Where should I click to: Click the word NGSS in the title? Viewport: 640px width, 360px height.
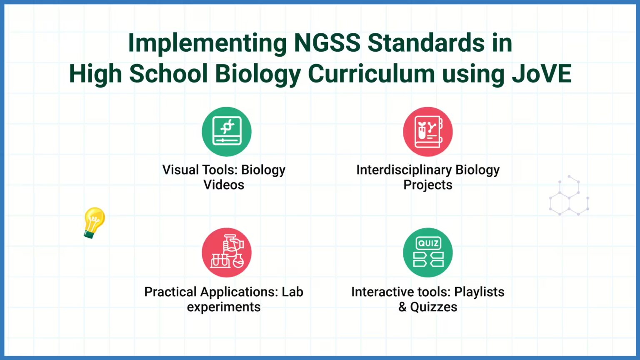tap(327, 43)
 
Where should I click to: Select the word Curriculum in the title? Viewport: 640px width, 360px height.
tap(372, 74)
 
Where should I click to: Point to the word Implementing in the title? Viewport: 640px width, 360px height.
tap(207, 44)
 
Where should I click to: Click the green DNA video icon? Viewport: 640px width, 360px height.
tap(227, 132)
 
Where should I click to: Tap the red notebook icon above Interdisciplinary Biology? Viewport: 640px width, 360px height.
tap(428, 132)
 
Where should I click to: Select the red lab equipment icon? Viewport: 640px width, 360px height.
tap(227, 252)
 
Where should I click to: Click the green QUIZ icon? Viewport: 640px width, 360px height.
tap(428, 252)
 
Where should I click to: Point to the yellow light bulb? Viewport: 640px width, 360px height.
tap(94, 222)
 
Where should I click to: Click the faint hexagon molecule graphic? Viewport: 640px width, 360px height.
tap(569, 196)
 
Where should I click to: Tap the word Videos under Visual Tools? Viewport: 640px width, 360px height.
tap(224, 185)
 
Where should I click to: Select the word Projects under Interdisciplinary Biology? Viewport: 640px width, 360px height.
tap(428, 185)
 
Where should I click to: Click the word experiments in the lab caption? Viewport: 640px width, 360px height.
tap(224, 307)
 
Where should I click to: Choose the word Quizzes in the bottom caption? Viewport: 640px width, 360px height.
tap(434, 307)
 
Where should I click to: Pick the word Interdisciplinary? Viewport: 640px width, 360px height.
tap(404, 170)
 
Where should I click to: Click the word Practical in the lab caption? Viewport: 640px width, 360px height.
tap(170, 292)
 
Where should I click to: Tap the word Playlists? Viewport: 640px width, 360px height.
tap(479, 292)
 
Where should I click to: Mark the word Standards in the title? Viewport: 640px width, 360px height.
tap(426, 43)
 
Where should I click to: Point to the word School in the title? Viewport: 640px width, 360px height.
tap(168, 74)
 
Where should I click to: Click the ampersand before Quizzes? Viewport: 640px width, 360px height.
tap(402, 307)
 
